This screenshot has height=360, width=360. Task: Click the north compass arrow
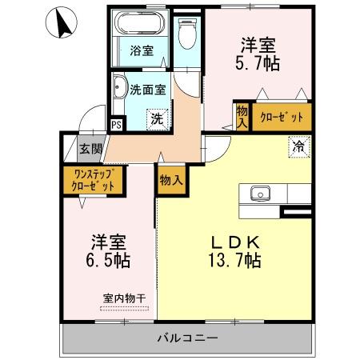[x=60, y=24]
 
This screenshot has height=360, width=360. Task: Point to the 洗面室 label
[x=149, y=90]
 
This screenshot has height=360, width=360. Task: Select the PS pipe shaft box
[x=116, y=124]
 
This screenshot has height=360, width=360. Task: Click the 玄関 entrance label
[x=91, y=148]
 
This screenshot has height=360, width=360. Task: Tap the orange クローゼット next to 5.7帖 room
[x=282, y=118]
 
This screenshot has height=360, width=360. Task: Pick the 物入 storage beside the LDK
[x=171, y=180]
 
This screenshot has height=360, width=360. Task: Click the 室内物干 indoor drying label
[x=123, y=298]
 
